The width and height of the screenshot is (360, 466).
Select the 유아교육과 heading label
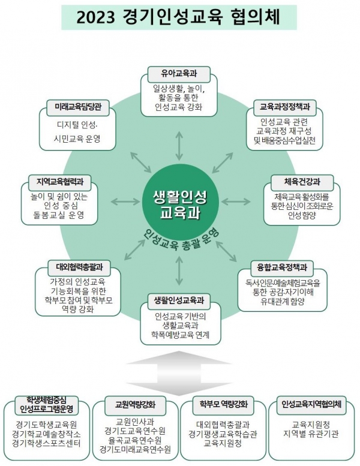(x=180, y=74)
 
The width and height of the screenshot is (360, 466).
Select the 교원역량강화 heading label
(x=136, y=404)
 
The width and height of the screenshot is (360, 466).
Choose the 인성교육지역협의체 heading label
(x=311, y=404)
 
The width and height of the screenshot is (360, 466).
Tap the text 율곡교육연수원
(x=136, y=439)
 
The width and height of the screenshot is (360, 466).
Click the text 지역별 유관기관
(x=312, y=432)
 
